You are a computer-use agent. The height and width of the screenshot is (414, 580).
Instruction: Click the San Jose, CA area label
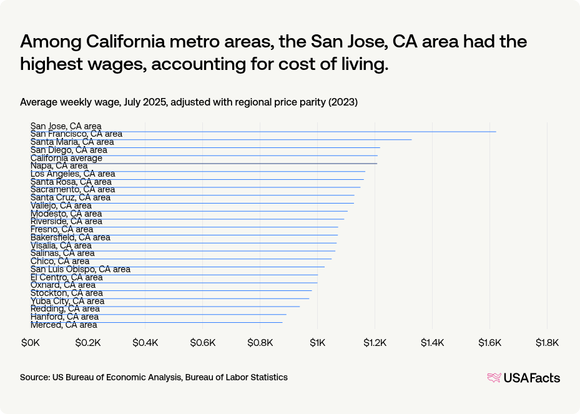tap(66, 126)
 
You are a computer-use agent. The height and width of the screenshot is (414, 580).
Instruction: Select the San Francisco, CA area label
tap(76, 134)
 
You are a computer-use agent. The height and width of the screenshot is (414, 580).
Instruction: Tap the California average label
tap(66, 158)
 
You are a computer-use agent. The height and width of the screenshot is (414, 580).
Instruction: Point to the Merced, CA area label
tap(64, 325)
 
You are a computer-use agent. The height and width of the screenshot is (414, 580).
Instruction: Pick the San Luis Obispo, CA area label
tap(81, 269)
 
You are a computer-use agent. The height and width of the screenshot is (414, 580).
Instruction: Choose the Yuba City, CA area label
tap(67, 301)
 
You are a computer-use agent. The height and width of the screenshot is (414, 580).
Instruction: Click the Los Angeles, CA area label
tap(72, 174)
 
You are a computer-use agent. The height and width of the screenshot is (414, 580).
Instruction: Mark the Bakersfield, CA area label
tap(71, 237)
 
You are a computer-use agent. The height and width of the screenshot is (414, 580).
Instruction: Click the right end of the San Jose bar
tap(496, 132)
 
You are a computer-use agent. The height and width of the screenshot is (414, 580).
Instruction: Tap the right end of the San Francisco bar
tap(411, 140)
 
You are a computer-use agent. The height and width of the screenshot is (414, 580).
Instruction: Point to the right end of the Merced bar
tap(282, 322)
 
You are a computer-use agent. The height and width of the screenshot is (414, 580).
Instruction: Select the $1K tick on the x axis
tap(318, 343)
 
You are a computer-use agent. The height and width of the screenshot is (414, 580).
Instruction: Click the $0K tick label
tap(31, 343)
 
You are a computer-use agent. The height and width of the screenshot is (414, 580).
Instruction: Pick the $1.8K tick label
tap(547, 343)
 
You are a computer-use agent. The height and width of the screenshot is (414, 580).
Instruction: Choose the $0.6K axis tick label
tap(202, 343)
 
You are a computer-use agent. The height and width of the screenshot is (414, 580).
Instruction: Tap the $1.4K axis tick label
tap(432, 343)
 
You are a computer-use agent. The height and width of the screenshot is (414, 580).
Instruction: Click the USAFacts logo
tap(523, 378)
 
